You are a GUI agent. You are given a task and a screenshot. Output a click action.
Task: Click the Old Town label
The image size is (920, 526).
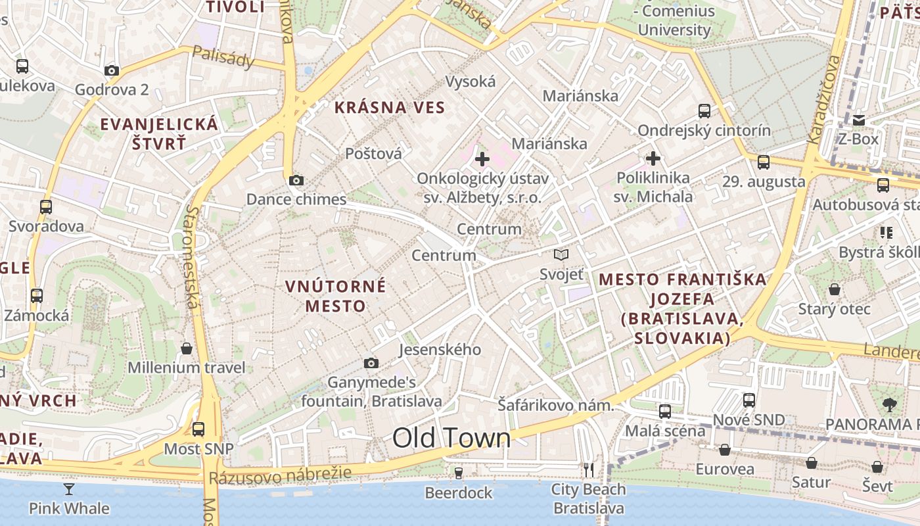[x=451, y=439]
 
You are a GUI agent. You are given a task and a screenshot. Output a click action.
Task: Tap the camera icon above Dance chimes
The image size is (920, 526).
[x=296, y=180]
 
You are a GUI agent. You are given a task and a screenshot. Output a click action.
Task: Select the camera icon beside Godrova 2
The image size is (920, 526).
[x=112, y=71]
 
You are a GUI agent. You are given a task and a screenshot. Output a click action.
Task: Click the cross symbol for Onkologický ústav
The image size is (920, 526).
[x=482, y=158]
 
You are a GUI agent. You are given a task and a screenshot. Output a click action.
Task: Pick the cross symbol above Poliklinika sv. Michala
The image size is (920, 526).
[x=653, y=158]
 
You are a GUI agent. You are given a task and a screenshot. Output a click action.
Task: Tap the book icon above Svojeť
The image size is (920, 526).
[x=561, y=255]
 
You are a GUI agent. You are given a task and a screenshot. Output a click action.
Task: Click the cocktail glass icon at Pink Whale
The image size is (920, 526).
[x=69, y=489]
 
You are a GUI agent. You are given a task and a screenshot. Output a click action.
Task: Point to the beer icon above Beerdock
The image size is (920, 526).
[x=459, y=473]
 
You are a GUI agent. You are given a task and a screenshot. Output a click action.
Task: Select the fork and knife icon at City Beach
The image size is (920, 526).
[x=589, y=469]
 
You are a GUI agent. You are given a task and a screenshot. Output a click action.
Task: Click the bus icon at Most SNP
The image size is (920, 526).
[x=198, y=429]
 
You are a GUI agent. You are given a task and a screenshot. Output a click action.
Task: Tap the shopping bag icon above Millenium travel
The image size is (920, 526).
[x=187, y=348]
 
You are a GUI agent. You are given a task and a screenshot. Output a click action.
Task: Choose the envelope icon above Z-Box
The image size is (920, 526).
[x=858, y=120]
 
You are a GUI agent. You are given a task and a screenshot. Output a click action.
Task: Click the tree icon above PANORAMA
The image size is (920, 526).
[x=890, y=404]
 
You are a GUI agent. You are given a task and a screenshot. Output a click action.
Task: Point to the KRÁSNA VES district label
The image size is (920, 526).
[x=390, y=107]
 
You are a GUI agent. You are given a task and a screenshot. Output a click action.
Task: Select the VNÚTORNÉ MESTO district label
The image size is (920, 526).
[x=336, y=296]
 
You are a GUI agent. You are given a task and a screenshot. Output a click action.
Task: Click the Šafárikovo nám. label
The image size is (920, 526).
[x=555, y=405]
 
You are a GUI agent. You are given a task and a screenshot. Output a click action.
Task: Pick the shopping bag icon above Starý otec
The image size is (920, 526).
[x=834, y=289]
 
